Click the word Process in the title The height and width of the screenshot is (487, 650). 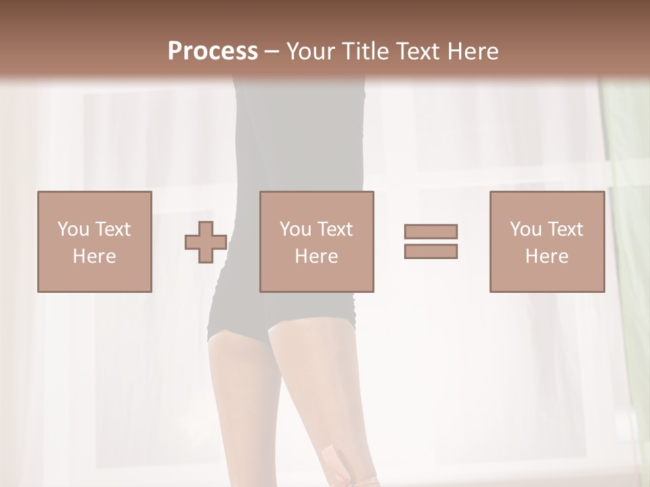[213, 51]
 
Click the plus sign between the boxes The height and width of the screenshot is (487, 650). [206, 242]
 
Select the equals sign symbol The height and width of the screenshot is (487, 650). [431, 241]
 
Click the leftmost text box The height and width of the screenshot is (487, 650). [95, 241]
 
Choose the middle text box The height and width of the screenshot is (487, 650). [317, 241]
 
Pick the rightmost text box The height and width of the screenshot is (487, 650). [547, 241]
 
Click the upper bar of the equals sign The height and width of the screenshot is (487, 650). [431, 231]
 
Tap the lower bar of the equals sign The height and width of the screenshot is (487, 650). [431, 252]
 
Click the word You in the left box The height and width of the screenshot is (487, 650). [73, 229]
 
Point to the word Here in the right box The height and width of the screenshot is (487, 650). [546, 256]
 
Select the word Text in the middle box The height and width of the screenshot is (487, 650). [334, 229]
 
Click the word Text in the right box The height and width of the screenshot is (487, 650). [565, 229]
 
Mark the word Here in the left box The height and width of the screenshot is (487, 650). [94, 256]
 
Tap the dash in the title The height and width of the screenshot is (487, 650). [272, 52]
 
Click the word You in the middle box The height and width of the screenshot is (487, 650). [295, 229]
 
